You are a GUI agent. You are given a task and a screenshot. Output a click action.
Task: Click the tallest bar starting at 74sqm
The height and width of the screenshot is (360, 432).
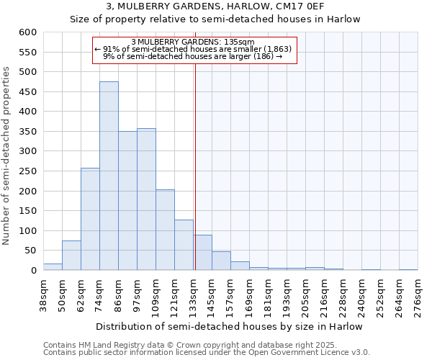point(109,176)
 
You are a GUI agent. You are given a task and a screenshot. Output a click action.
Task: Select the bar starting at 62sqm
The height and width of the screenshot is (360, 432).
point(90,220)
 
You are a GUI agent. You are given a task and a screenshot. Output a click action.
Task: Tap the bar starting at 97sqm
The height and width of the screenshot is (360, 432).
point(146,199)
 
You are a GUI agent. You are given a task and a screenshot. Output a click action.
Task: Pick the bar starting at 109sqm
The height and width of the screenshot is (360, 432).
point(165,230)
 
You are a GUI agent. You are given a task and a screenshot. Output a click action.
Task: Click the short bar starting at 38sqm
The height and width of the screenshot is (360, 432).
point(53,267)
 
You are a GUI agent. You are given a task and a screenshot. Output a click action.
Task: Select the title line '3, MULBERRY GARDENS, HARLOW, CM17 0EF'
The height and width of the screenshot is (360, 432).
point(215,6)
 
